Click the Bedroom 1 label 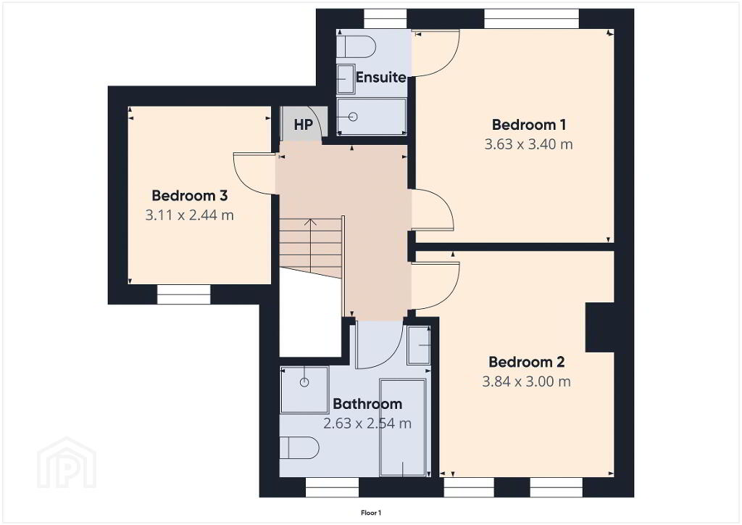point(528,125)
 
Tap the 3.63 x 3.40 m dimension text point(528,144)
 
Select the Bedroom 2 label point(526,362)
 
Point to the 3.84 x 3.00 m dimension point(526,381)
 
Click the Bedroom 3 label point(189,195)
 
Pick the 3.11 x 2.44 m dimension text point(189,215)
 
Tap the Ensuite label point(381,77)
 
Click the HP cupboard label point(304,125)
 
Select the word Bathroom point(367,404)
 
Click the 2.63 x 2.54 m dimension point(367,423)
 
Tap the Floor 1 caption point(371,513)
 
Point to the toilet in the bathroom point(299,448)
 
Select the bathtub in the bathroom point(403,427)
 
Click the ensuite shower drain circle point(353,117)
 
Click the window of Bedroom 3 point(183,294)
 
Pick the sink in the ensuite point(346,80)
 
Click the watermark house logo point(67,463)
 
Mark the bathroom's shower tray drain point(304,382)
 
